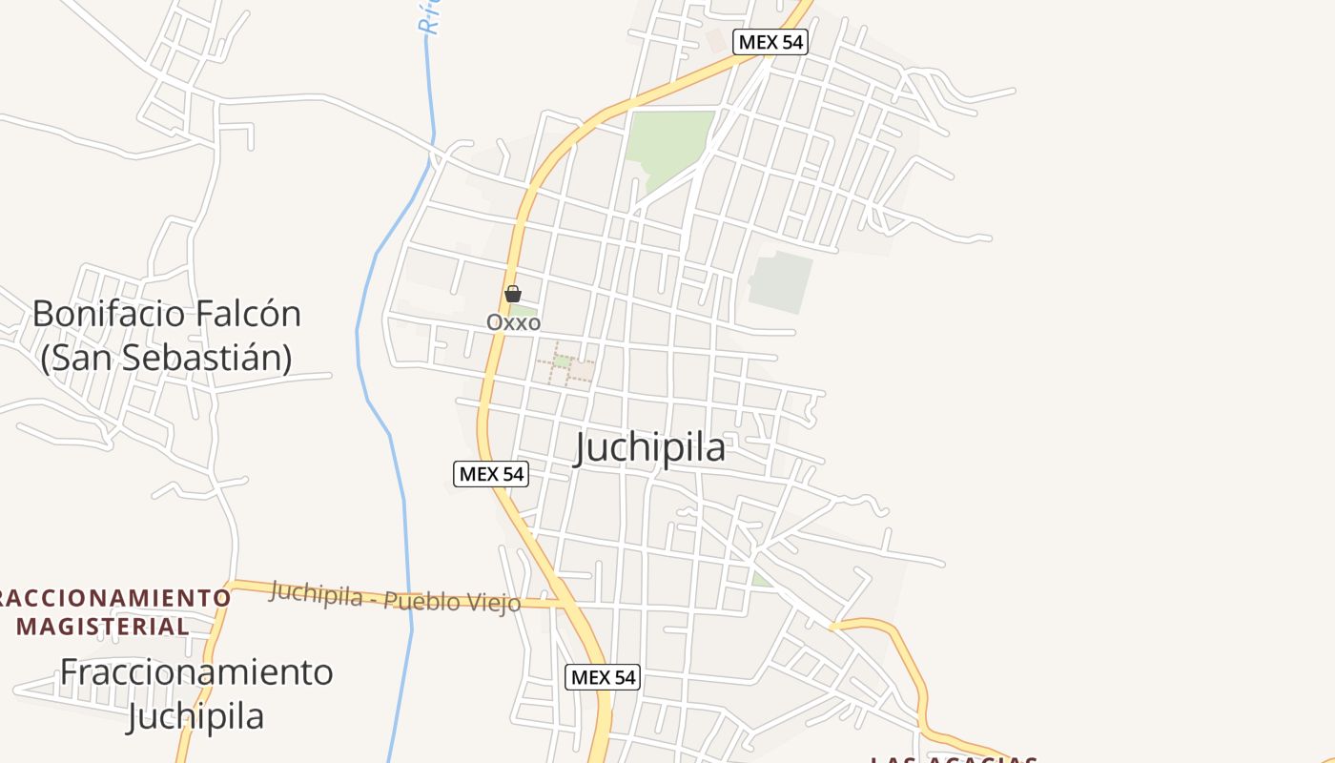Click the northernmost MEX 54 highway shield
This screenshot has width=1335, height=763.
[x=770, y=42]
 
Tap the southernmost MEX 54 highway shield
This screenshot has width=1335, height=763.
[x=603, y=677]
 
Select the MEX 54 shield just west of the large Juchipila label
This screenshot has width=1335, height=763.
[x=490, y=473]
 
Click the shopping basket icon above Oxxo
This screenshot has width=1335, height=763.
[x=513, y=294]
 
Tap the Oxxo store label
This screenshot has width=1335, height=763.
[x=513, y=322]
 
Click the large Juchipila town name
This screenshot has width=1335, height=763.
[x=649, y=447]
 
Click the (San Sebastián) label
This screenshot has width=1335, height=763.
[x=166, y=357]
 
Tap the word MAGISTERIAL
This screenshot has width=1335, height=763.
[x=103, y=627]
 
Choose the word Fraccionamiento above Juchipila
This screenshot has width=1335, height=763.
[x=196, y=671]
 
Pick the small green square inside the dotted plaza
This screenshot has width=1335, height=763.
[x=563, y=361]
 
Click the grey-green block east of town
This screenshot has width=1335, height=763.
[x=781, y=280]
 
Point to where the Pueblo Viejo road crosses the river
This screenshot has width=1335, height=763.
[x=411, y=600]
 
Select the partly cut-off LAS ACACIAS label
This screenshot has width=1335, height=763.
[x=954, y=759]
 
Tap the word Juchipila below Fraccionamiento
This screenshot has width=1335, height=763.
[x=195, y=715]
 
